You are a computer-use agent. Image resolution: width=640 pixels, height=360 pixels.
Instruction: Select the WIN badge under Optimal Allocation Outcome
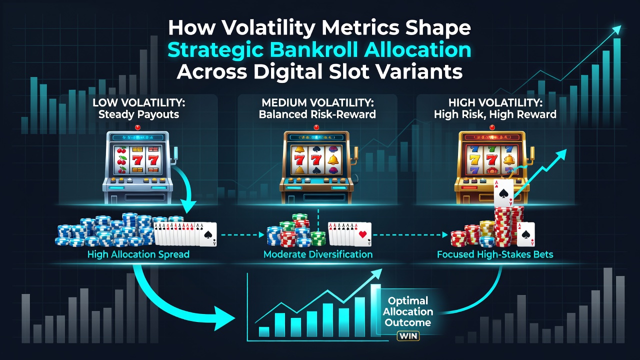408,336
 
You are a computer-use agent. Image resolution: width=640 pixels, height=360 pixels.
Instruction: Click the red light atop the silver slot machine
137,127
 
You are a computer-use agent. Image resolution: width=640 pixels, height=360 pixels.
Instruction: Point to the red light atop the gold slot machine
492,127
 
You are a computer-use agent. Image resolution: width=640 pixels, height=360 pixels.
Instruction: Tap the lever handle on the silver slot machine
174,155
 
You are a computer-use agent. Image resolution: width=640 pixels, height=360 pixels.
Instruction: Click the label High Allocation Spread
138,254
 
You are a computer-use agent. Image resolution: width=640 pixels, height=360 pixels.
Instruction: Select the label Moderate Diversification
318,254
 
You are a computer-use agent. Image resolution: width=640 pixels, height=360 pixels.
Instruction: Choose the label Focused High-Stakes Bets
495,254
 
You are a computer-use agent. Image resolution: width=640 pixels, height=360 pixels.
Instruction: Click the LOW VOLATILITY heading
139,103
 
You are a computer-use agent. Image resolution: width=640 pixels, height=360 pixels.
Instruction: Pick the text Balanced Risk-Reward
317,114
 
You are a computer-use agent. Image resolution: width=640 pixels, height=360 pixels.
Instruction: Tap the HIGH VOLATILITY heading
495,103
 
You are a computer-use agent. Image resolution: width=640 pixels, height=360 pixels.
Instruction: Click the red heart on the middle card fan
362,234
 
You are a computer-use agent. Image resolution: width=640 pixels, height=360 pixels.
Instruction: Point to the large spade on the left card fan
207,235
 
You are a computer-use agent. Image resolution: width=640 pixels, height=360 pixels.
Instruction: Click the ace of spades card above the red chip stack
503,193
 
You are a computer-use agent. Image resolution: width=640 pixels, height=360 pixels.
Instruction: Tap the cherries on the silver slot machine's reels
121,160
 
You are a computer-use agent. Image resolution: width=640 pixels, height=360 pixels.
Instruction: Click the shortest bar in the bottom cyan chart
264,331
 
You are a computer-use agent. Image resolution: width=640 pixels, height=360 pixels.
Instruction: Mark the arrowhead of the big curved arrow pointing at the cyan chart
224,318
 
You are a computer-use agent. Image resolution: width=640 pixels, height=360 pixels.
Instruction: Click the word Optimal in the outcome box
408,300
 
